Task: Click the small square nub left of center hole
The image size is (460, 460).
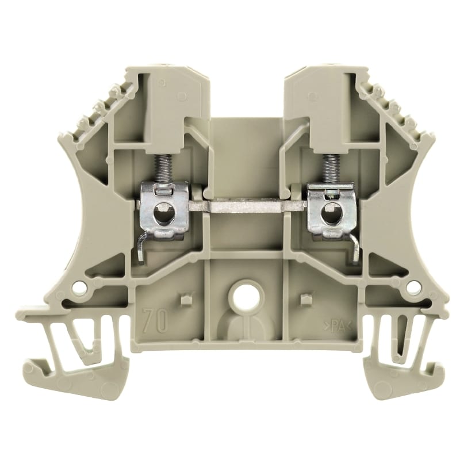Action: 183,300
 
